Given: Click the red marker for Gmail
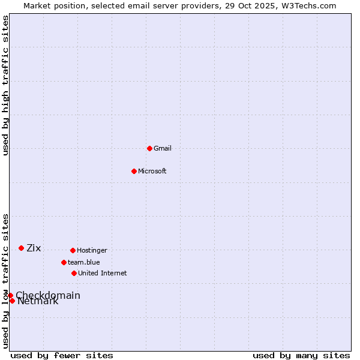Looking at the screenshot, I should (x=149, y=148).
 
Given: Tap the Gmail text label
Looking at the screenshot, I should (x=163, y=149).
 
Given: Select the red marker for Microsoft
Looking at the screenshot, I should (x=134, y=171).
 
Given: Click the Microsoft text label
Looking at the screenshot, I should (x=152, y=172).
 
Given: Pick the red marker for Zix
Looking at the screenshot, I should (x=21, y=248).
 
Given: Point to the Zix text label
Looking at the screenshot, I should (x=34, y=248).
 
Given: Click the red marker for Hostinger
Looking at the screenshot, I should (x=73, y=250).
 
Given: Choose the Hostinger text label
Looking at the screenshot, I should (x=92, y=251).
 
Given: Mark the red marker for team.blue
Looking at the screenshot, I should (x=64, y=262).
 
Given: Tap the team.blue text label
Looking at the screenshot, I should (x=84, y=263).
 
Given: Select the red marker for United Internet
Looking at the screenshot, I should (x=74, y=273).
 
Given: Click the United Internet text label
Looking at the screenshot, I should (x=103, y=274).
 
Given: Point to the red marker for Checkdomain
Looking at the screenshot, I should (x=10, y=295).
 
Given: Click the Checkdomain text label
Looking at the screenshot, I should (x=48, y=295).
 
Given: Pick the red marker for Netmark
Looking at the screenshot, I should (x=12, y=301).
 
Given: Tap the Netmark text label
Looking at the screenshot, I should (x=38, y=302).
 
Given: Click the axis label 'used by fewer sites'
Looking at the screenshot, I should (x=62, y=356).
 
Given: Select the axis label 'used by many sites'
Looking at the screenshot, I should (x=301, y=356).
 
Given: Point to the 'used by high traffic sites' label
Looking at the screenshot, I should (x=6, y=86).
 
